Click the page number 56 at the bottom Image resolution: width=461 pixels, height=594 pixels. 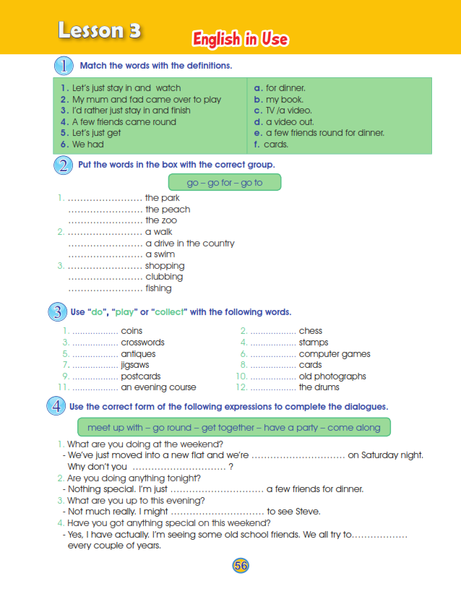[241, 566]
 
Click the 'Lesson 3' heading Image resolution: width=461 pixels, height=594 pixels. [100, 30]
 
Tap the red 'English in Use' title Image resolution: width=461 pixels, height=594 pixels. [241, 39]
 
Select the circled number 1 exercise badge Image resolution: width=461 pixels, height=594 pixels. [64, 66]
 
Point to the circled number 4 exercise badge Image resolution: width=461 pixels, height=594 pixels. [56, 406]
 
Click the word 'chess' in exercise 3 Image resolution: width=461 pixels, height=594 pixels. [311, 331]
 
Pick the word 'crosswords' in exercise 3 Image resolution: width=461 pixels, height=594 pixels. [142, 343]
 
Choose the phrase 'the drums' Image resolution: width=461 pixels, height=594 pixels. [319, 387]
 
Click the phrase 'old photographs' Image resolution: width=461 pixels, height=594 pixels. [332, 376]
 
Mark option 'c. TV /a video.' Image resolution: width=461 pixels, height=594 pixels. [283, 111]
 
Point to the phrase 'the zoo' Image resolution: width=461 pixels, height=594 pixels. [161, 220]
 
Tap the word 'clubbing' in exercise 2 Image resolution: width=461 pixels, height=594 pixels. [164, 277]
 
